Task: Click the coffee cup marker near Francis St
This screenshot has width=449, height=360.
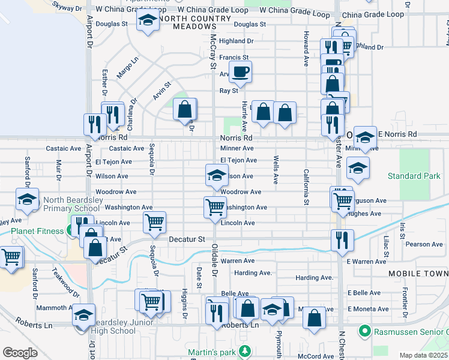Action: tap(241, 73)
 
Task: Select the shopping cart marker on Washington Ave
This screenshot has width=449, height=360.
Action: tap(214, 207)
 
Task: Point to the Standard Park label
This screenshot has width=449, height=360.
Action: tap(414, 176)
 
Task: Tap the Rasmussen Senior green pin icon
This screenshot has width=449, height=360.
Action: tap(363, 331)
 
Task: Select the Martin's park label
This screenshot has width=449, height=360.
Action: tap(212, 350)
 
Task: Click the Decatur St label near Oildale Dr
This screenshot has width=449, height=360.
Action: tap(187, 239)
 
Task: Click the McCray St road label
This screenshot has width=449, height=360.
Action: tap(212, 51)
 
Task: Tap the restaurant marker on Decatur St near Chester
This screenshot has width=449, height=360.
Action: tap(342, 240)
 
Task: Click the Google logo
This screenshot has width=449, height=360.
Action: tap(20, 352)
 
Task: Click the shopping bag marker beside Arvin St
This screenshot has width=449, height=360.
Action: tap(185, 109)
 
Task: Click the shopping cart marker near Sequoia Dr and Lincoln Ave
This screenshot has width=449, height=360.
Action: tap(154, 223)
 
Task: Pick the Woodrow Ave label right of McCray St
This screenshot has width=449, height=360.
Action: tap(241, 192)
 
